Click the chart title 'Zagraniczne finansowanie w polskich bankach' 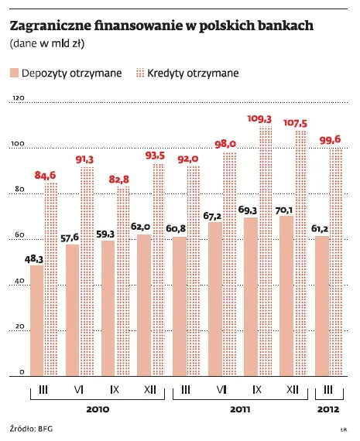(161, 26)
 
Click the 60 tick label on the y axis (17, 236)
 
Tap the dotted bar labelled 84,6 (50, 279)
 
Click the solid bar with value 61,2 (321, 305)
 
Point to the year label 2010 (98, 408)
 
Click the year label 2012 (327, 408)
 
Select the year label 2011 (240, 408)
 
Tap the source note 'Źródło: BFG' (33, 428)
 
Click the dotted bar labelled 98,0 (228, 263)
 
